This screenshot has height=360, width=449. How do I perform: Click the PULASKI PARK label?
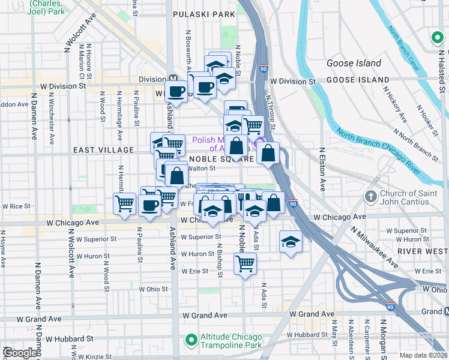(203, 14)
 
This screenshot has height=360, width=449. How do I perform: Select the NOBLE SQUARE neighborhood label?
(221, 160)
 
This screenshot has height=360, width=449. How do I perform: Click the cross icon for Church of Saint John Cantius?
(370, 197)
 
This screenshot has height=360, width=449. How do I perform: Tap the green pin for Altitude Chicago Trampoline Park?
(191, 341)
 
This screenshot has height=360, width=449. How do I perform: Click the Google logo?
(20, 353)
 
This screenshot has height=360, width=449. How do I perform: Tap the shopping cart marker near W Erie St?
(245, 263)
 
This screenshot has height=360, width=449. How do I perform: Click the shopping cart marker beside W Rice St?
(125, 203)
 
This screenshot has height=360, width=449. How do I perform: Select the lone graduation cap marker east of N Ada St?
(291, 241)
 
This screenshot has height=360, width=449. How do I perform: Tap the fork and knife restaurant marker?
(246, 199)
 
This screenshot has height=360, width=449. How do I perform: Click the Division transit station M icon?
(173, 79)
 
